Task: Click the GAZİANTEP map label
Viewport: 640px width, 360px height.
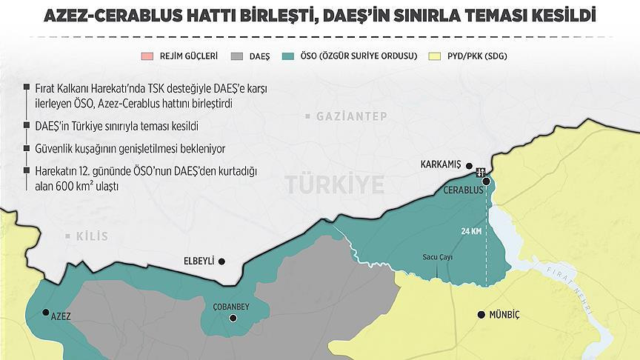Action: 345,117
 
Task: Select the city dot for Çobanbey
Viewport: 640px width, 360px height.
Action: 233,319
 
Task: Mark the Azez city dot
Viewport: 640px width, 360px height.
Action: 46,313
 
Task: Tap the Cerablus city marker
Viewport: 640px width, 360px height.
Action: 486,181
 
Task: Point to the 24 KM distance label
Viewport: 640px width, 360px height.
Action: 471,232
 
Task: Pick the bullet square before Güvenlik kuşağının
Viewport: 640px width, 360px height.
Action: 28,148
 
